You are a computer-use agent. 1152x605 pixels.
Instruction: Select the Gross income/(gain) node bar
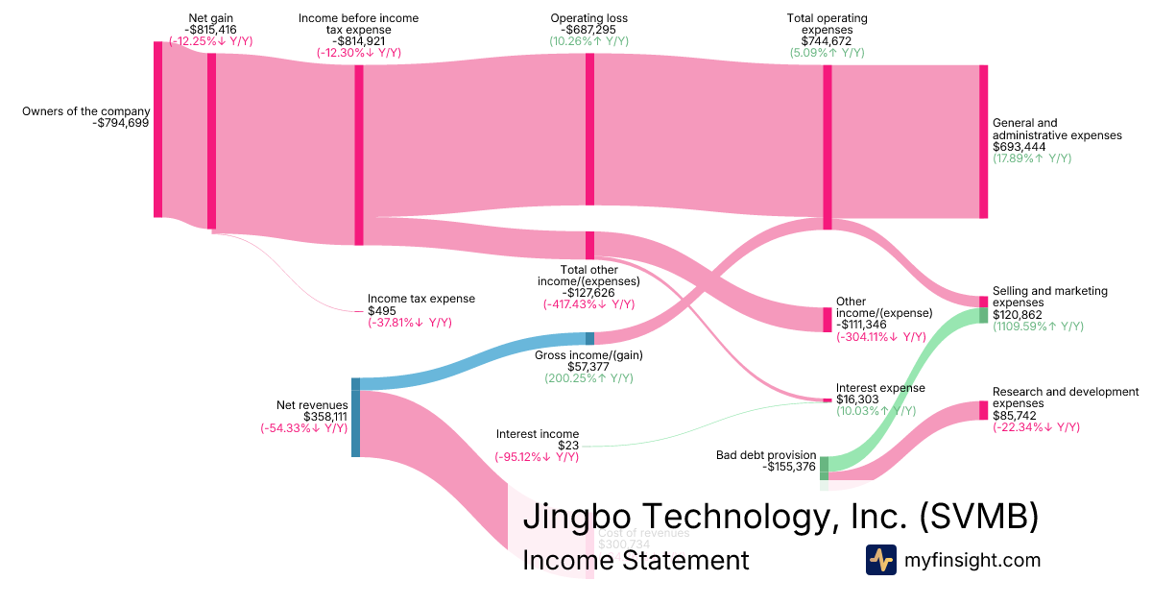(x=589, y=338)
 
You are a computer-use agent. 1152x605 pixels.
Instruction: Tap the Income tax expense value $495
(x=381, y=311)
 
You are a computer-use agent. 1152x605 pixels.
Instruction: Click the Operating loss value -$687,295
(x=589, y=30)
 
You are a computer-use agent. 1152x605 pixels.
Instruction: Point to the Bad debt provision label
(x=766, y=454)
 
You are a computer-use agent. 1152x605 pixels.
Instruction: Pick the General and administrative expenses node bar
(x=982, y=141)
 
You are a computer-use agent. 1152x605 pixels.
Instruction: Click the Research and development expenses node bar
(x=983, y=410)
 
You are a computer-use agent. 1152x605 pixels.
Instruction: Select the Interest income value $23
(x=569, y=446)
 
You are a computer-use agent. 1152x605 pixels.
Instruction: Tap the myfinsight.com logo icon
(x=880, y=560)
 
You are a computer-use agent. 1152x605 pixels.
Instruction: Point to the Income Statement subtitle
(x=636, y=561)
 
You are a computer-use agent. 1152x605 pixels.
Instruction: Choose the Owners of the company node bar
(x=158, y=130)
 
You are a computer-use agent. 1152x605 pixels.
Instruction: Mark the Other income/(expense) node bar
(x=828, y=320)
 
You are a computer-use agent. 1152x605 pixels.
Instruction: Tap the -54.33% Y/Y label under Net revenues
(x=303, y=428)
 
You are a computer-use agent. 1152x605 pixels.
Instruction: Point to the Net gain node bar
(x=212, y=141)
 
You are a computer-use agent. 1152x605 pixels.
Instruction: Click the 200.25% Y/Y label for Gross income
(x=588, y=378)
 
